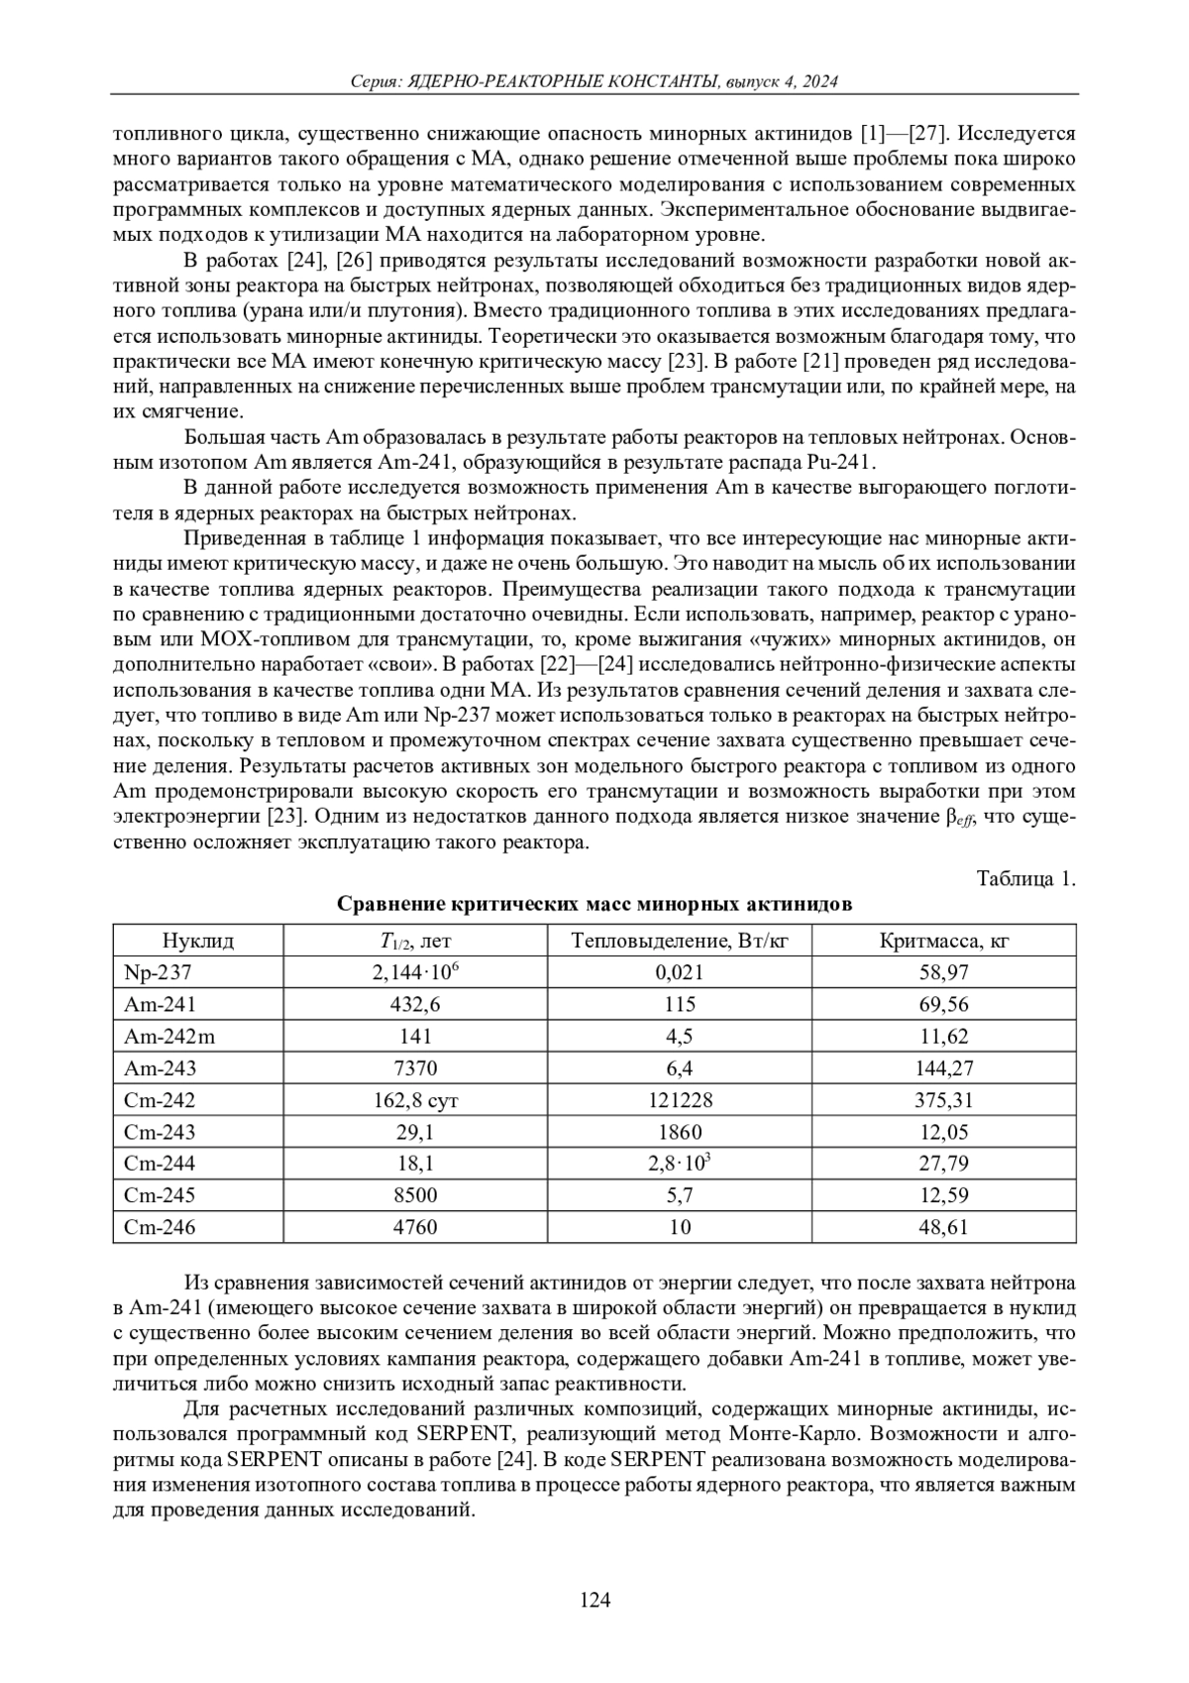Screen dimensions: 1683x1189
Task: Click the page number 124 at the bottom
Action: (x=594, y=1600)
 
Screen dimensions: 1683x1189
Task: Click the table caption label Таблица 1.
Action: (x=1026, y=879)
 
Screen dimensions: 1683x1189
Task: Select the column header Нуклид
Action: (x=198, y=941)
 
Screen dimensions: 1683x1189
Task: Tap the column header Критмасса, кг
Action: (x=943, y=941)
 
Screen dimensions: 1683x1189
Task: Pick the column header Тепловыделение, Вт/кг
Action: (x=679, y=941)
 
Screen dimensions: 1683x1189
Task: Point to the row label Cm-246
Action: (x=160, y=1227)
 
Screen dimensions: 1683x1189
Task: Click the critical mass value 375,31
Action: (x=943, y=1100)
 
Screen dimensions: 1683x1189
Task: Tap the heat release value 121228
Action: (x=679, y=1100)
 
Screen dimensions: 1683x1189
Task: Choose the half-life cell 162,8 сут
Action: (x=415, y=1100)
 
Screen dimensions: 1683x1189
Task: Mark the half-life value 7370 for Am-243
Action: (x=415, y=1068)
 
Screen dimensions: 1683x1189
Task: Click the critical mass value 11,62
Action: (x=943, y=1037)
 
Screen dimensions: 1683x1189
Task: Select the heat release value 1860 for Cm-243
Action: (x=679, y=1132)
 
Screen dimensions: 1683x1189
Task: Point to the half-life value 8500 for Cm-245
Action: (x=415, y=1195)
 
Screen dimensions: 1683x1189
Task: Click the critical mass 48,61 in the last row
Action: (x=943, y=1227)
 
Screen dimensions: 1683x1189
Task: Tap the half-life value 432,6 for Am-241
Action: (x=415, y=1005)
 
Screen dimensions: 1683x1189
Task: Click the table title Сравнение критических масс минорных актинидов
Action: (x=594, y=904)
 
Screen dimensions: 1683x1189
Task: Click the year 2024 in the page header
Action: (x=818, y=82)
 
